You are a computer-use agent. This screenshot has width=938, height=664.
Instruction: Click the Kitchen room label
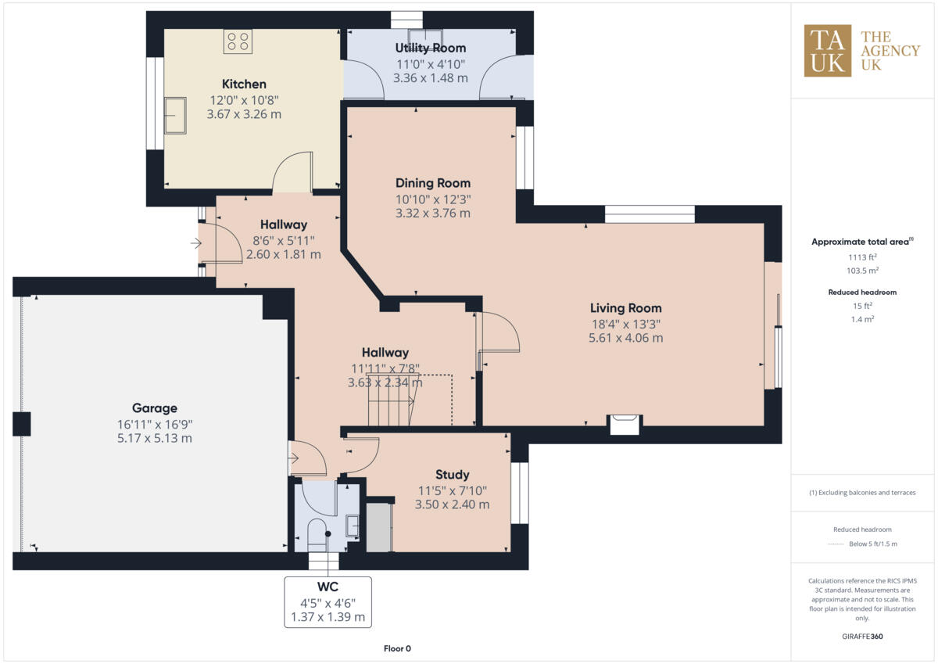click(244, 84)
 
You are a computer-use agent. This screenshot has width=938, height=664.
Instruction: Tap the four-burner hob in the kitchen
click(238, 41)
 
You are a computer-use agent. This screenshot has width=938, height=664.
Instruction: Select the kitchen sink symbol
click(175, 116)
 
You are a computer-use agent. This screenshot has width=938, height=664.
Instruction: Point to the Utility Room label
click(430, 48)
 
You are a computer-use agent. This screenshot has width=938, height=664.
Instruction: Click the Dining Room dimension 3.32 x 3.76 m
click(432, 213)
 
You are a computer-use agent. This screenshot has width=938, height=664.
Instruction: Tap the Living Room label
click(625, 308)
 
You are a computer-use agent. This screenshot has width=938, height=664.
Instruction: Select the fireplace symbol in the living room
click(625, 424)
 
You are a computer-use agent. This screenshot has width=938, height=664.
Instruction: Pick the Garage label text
click(154, 408)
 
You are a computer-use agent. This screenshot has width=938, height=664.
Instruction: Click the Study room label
click(452, 475)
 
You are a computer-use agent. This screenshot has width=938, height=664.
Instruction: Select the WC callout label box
click(328, 601)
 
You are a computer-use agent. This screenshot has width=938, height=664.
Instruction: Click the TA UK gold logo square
click(828, 51)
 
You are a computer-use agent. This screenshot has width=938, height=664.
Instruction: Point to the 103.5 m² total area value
click(862, 270)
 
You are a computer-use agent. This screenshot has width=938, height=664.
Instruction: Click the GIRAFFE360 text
click(862, 637)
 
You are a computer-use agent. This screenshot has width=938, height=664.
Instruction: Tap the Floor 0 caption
click(397, 648)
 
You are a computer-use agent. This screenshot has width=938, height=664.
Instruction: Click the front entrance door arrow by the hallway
click(195, 244)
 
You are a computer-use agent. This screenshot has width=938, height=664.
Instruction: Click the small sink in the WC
click(353, 526)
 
